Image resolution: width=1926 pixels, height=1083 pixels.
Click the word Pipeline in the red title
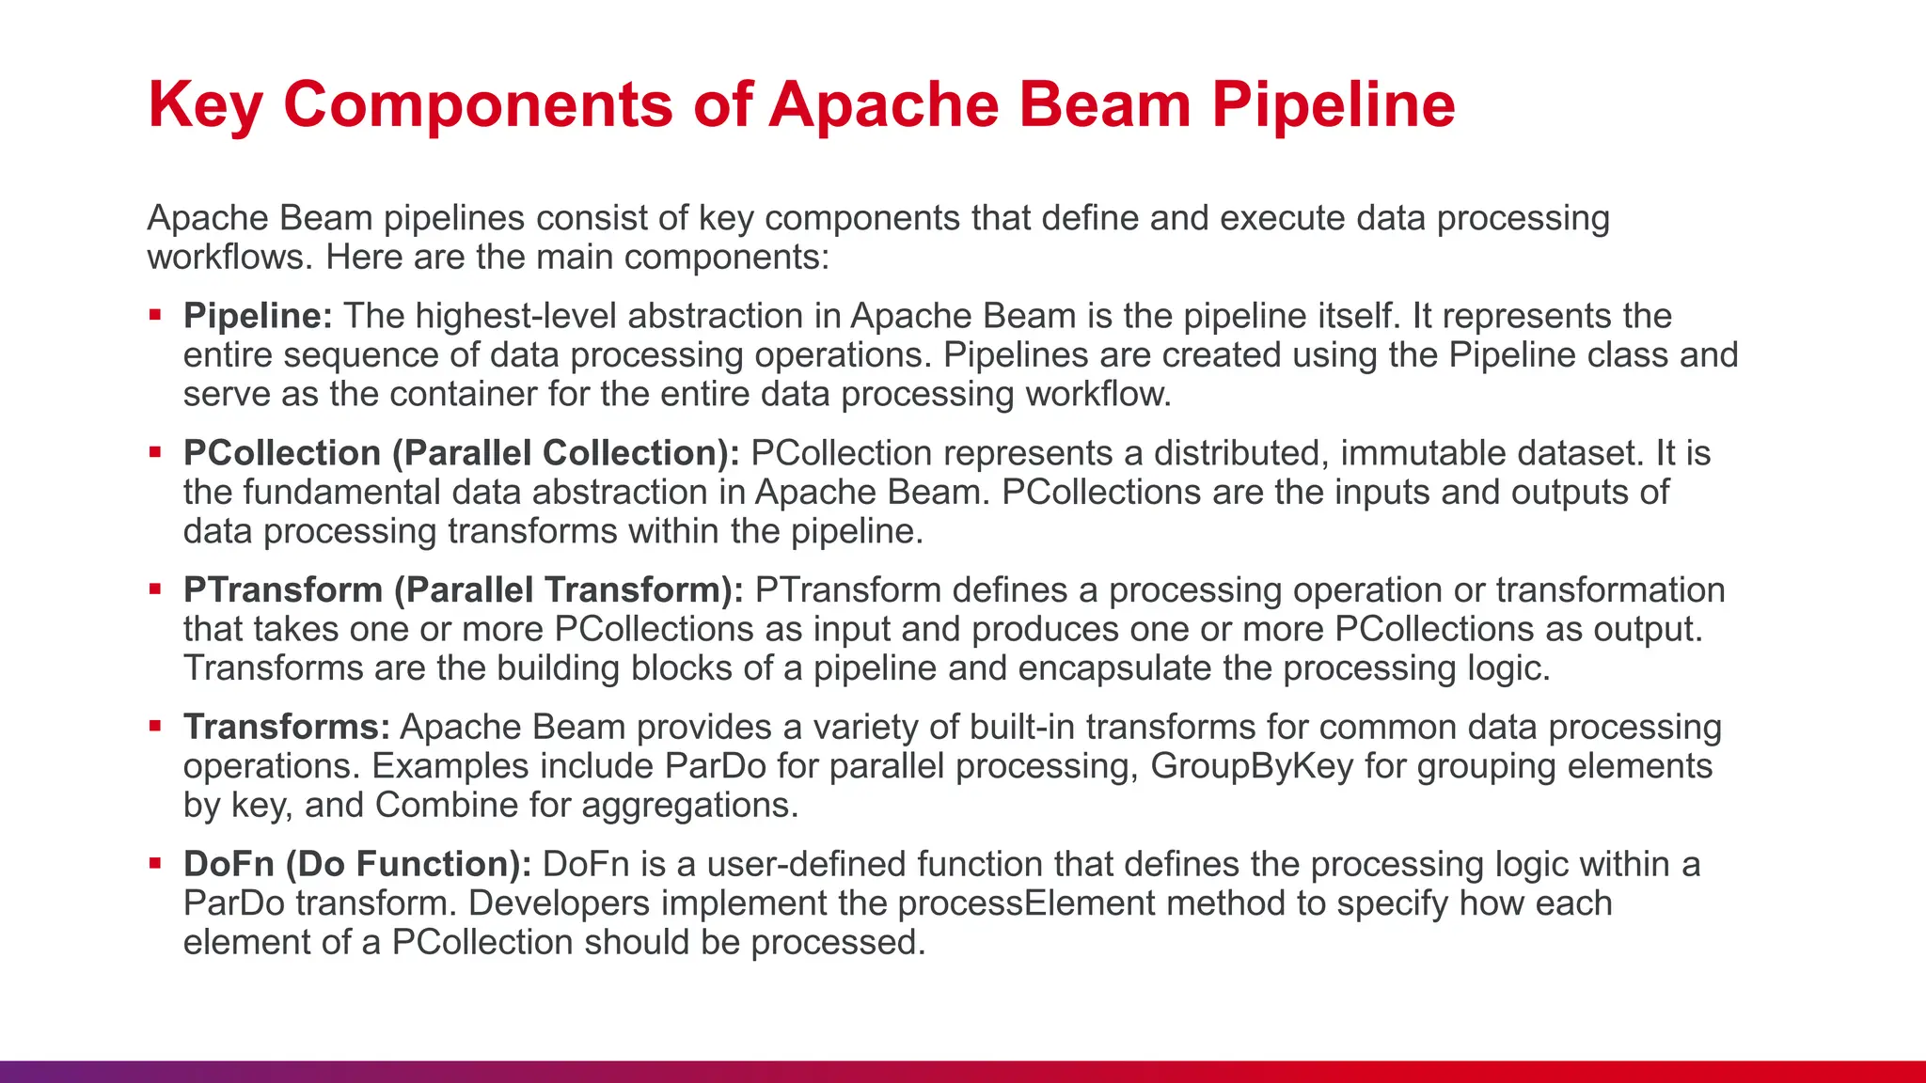(x=1333, y=104)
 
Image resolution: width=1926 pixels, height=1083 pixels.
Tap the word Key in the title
(x=204, y=104)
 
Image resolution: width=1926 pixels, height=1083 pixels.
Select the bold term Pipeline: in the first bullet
(x=258, y=316)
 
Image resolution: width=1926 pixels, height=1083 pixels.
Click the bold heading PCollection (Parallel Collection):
(x=461, y=453)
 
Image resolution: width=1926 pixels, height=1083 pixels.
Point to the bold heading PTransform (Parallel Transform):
(x=463, y=590)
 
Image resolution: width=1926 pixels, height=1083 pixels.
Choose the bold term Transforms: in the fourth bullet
(x=287, y=727)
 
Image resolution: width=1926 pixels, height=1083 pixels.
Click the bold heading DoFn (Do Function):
(x=357, y=864)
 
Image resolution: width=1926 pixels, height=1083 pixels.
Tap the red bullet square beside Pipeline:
(x=156, y=315)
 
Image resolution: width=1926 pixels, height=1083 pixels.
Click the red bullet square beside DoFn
(x=156, y=863)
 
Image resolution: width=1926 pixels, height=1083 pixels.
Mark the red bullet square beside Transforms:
(x=156, y=726)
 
